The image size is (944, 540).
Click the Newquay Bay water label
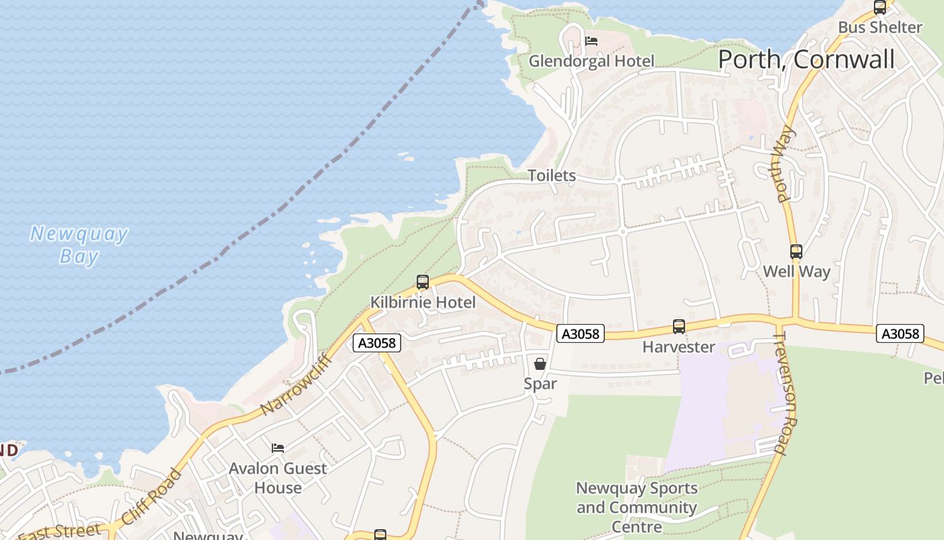79,245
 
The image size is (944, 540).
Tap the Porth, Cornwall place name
806,59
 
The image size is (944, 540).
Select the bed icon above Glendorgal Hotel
591,41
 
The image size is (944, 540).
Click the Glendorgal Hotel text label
591,61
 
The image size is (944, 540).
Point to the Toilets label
552,175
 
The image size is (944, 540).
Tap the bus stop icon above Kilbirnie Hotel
423,282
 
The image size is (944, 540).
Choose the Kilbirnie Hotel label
423,302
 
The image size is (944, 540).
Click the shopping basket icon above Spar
540,364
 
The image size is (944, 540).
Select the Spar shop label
540,383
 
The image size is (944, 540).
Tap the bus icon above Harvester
679,327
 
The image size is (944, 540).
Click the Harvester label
679,347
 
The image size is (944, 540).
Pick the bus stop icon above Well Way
796,252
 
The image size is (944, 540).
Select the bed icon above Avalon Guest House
278,448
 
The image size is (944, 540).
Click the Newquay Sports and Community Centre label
637,507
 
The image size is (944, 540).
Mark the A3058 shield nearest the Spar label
581,333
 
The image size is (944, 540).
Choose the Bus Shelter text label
880,28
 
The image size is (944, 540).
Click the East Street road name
61,531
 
